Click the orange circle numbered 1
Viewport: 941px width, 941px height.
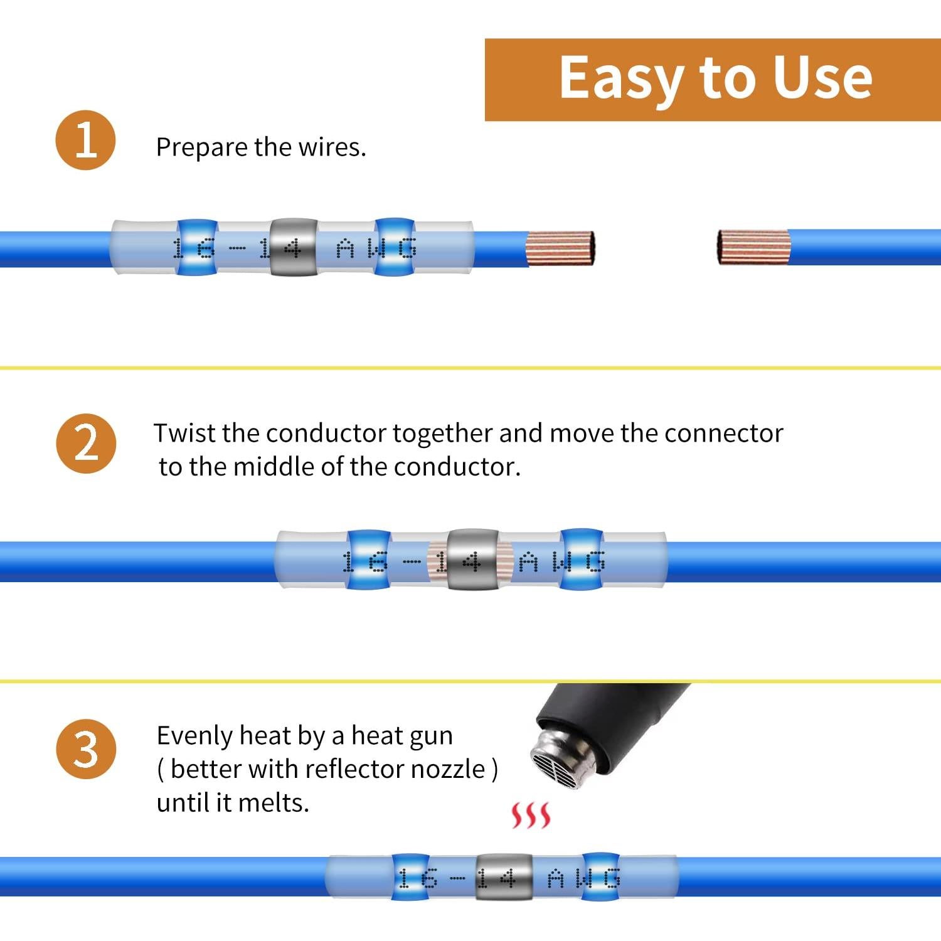[86, 140]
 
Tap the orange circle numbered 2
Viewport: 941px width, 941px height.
[86, 444]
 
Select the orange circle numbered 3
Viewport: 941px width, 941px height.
[86, 749]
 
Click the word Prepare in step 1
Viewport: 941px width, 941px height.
[201, 148]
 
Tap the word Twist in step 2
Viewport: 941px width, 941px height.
[184, 433]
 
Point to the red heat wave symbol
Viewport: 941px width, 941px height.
[531, 815]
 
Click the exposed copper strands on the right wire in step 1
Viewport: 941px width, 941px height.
[753, 247]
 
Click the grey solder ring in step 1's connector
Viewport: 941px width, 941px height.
[292, 247]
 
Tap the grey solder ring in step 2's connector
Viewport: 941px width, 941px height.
[472, 560]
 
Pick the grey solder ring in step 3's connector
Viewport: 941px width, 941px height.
[503, 876]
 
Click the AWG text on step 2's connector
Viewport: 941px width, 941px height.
[562, 562]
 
